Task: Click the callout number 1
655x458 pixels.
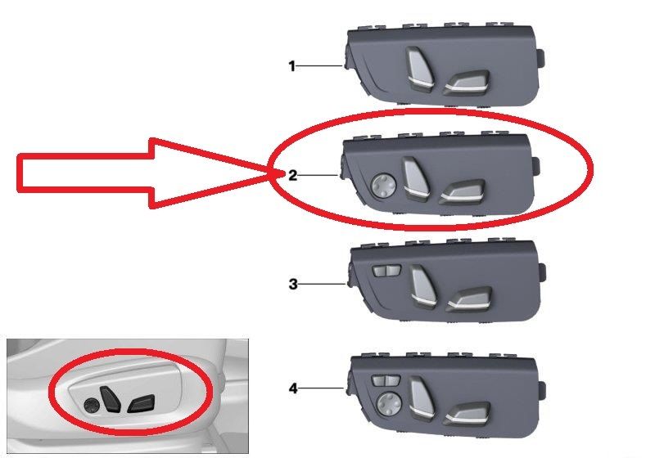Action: (292, 66)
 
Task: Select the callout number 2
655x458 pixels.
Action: (293, 175)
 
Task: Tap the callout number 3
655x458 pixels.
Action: (293, 285)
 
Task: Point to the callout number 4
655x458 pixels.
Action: (293, 388)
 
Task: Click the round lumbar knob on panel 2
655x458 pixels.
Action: (383, 186)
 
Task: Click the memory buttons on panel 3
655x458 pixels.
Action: (386, 271)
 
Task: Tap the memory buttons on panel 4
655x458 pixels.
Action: (386, 380)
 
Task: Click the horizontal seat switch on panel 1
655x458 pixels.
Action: (467, 80)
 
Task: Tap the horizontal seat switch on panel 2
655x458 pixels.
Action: (463, 192)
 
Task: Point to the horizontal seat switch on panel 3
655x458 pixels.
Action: (469, 299)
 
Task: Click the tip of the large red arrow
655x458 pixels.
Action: (273, 173)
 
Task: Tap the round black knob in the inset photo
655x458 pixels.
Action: (92, 405)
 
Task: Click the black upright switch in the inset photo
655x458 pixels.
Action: (110, 399)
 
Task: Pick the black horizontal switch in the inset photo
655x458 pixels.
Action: (141, 403)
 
